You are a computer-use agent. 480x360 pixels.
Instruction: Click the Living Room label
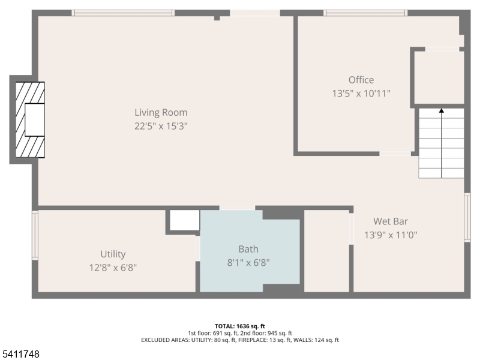click(x=161, y=112)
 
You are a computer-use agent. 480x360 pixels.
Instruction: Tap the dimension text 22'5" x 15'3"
click(x=161, y=126)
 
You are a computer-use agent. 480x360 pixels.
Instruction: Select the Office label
click(x=361, y=80)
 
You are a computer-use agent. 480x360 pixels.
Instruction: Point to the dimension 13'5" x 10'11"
click(x=361, y=94)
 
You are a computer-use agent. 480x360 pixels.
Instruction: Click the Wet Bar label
click(x=391, y=221)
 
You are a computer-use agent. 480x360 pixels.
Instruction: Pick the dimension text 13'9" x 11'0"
click(x=391, y=235)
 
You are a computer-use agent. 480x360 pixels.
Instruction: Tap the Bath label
click(x=248, y=249)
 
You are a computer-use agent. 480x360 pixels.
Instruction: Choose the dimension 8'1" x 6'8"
click(x=248, y=262)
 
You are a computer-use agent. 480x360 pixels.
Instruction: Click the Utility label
click(x=113, y=254)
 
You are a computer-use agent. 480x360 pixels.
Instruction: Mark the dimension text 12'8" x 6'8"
click(x=113, y=268)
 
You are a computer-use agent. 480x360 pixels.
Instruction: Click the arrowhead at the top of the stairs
click(x=442, y=110)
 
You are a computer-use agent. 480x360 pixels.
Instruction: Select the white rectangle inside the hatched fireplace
click(x=35, y=119)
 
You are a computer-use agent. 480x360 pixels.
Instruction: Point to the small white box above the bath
click(x=184, y=220)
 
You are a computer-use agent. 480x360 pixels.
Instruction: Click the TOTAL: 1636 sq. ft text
click(x=240, y=326)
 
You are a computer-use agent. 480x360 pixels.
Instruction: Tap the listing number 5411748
click(x=21, y=355)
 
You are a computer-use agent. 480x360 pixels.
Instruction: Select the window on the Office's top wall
click(x=365, y=13)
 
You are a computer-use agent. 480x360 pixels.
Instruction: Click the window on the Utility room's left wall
click(x=35, y=235)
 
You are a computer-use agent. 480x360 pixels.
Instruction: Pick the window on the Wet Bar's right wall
click(x=467, y=217)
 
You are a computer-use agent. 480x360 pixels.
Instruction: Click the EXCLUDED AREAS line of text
click(x=240, y=340)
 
